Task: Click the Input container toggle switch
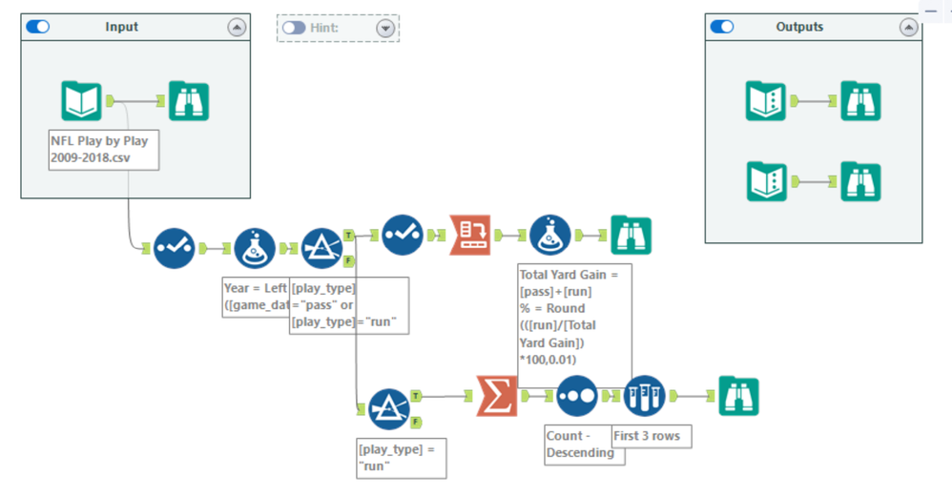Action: (38, 28)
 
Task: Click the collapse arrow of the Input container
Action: (237, 28)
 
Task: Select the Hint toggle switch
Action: (294, 28)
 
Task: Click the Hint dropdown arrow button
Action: (385, 28)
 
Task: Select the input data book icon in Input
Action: (81, 100)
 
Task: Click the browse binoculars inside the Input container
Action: (189, 100)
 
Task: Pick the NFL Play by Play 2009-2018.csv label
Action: (103, 150)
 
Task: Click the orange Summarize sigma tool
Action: (497, 395)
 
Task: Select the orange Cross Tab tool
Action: (469, 235)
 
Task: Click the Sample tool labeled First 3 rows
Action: (644, 395)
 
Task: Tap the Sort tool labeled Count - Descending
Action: (576, 395)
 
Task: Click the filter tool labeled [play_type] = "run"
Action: (388, 408)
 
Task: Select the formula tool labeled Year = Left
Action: (255, 248)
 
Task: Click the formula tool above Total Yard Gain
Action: (550, 235)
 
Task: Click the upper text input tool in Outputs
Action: (764, 101)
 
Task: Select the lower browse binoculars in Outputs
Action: (859, 181)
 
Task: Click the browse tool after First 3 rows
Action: (738, 395)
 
